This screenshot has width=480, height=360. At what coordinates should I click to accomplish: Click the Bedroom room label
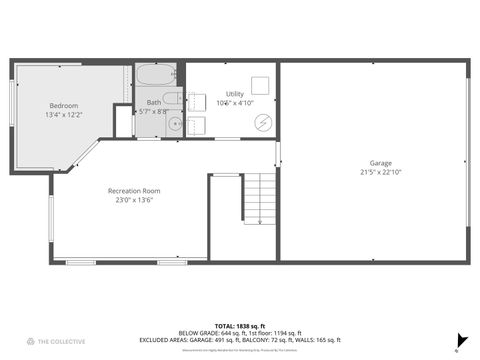64,106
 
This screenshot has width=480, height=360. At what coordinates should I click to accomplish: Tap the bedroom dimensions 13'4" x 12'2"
64,115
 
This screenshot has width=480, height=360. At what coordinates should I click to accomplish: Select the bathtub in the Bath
156,75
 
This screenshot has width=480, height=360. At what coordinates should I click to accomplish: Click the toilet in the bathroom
172,99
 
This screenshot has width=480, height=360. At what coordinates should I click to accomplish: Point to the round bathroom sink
173,124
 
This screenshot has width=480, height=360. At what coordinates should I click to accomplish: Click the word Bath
154,102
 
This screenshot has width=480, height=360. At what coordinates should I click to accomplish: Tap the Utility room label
234,94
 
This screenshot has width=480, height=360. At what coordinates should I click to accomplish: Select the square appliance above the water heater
259,85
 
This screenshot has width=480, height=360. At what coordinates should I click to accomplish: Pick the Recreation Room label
134,190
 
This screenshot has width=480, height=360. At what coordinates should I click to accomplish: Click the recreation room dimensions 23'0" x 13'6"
134,200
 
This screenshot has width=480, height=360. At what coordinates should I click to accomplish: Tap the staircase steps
259,197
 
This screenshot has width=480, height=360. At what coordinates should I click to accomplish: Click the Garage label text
380,163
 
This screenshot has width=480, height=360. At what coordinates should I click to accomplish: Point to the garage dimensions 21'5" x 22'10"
380,172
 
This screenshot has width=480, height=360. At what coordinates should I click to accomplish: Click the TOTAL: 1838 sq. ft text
240,325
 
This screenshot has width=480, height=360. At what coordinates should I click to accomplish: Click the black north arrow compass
461,339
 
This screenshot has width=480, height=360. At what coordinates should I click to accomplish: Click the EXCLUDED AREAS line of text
240,341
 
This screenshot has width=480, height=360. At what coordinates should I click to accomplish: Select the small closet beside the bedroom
123,121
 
